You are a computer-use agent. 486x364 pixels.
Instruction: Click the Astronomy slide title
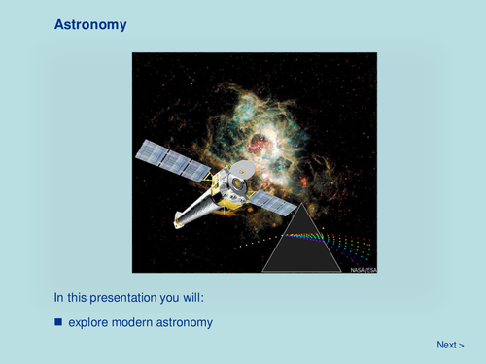click(90, 24)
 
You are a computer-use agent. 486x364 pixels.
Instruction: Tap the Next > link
click(449, 345)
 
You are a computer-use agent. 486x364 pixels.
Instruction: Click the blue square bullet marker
click(58, 320)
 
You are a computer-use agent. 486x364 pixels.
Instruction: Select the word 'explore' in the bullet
click(89, 321)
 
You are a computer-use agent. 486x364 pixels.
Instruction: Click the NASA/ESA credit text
click(362, 269)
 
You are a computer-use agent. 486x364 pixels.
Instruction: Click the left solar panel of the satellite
click(173, 160)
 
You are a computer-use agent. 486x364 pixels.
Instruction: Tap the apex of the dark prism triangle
click(303, 205)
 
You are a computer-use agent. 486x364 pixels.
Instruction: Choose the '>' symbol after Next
click(461, 345)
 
